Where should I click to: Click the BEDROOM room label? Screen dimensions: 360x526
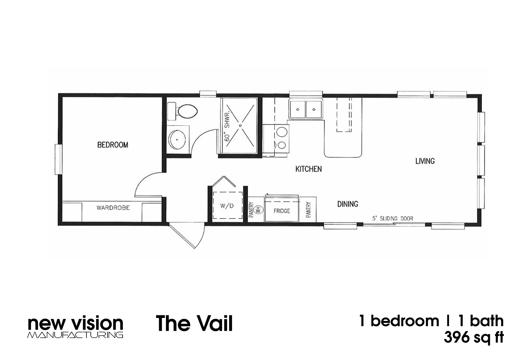tap(112, 145)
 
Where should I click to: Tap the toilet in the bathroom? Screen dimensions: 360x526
tap(186, 111)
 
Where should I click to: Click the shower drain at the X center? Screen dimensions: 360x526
tap(240, 125)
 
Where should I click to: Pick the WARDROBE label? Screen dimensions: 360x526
tap(113, 208)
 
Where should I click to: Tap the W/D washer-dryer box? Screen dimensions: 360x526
tap(227, 206)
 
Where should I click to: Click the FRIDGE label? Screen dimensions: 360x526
tap(281, 211)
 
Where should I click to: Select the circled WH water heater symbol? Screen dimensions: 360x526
tap(258, 210)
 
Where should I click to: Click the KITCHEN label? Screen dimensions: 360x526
tap(308, 169)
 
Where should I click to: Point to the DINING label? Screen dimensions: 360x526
tap(347, 204)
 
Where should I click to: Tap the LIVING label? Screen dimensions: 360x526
tap(425, 161)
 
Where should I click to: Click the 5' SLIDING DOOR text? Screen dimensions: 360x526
tap(393, 218)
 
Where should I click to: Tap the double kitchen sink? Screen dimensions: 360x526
tap(306, 109)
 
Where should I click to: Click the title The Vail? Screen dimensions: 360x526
tap(194, 323)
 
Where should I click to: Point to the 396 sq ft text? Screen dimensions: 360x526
tap(473, 338)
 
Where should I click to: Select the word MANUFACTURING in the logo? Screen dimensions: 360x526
tap(75, 335)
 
